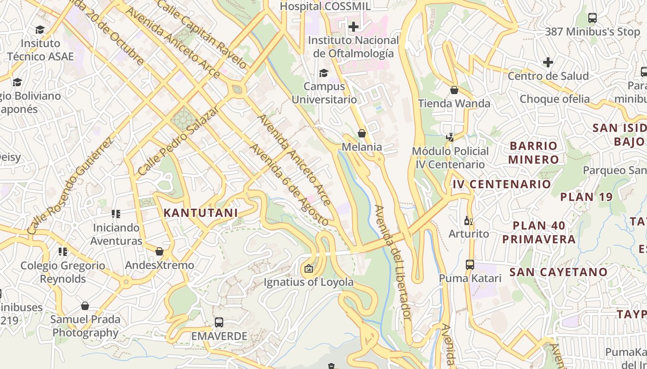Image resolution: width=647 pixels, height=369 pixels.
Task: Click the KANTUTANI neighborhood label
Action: [x=201, y=213]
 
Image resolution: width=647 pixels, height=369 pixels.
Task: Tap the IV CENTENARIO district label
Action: [x=501, y=184]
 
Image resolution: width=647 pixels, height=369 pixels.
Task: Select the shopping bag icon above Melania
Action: [x=362, y=134]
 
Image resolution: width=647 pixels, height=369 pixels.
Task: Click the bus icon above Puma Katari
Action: [x=470, y=265]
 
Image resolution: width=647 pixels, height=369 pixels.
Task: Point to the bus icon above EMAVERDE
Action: [x=219, y=322]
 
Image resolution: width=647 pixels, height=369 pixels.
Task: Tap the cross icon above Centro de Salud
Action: [x=548, y=62]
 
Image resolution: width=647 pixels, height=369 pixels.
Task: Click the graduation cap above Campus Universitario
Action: [x=323, y=73]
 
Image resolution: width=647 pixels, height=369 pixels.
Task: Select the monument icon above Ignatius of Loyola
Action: [x=309, y=268]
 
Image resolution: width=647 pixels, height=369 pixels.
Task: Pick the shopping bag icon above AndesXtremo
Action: [x=159, y=251]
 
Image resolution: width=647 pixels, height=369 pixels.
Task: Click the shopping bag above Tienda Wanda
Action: [x=454, y=90]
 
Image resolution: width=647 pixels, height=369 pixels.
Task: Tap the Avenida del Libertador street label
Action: [x=393, y=263]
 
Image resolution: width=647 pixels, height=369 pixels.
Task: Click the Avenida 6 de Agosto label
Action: [x=289, y=184]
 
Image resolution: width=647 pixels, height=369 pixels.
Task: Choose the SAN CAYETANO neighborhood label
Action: [x=558, y=272]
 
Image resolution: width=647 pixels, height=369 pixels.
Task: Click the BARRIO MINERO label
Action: [x=534, y=153]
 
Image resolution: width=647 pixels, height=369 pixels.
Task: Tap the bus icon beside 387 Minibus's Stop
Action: [x=592, y=18]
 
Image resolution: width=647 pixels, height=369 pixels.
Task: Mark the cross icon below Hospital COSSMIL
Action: [x=354, y=27]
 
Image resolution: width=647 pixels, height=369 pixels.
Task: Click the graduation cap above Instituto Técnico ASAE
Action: [x=40, y=30]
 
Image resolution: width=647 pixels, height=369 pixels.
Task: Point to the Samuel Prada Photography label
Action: [x=85, y=326]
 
